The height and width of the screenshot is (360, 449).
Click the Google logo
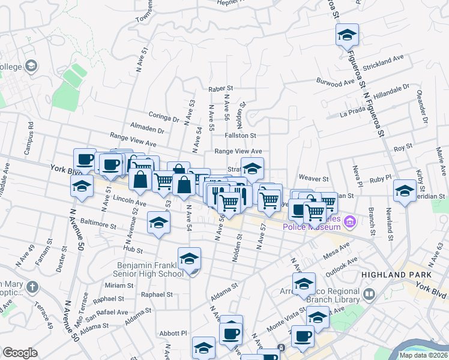(x=20, y=352)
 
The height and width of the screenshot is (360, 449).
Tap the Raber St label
(x=220, y=89)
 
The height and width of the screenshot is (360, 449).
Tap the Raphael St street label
(x=157, y=295)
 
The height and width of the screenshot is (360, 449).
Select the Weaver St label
(x=313, y=179)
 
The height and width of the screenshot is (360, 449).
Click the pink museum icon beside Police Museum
(x=351, y=223)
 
